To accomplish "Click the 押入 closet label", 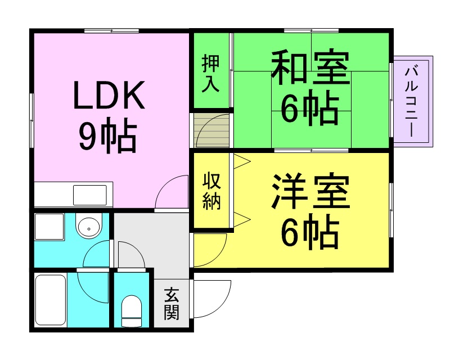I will tap(211, 70).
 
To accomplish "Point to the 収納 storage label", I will tap(211, 191).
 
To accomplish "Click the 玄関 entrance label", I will tap(172, 304).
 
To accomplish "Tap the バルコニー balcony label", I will tap(413, 101).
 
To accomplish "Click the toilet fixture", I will tap(132, 309).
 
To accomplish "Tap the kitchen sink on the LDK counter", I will tap(90, 196).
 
